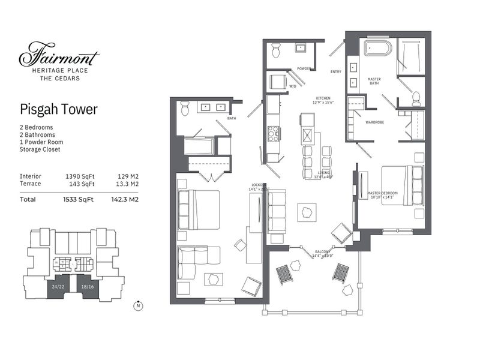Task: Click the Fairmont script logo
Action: (59, 55)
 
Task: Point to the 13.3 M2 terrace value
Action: (127, 184)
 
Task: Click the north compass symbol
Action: (137, 305)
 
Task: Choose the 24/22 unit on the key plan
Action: (58, 287)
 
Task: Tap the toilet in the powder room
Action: (276, 52)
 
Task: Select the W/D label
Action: (293, 86)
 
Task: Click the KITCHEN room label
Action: (324, 98)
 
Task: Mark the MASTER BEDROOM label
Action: (382, 193)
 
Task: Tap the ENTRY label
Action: (336, 72)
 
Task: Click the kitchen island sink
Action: (307, 134)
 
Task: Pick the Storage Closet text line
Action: (40, 149)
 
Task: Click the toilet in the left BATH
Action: (185, 109)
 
